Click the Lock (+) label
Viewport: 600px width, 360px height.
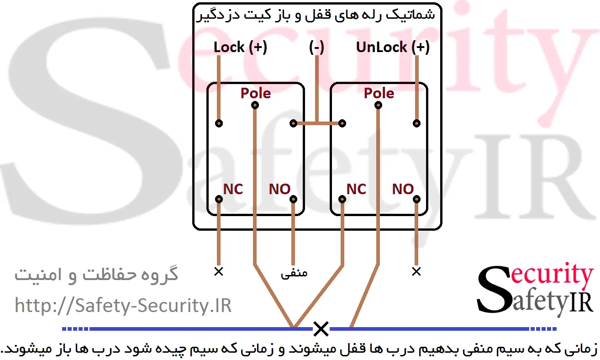240,47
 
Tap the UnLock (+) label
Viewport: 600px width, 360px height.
393,47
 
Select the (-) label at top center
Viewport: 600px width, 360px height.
316,47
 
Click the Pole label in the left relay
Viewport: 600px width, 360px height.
256,93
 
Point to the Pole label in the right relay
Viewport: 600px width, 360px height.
379,93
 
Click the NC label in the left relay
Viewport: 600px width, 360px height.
233,189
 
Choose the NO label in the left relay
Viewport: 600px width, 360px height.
279,189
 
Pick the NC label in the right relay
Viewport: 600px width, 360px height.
356,189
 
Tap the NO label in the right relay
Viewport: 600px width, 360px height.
403,189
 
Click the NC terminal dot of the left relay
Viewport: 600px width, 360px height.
219,199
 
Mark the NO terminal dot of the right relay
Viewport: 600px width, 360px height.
416,199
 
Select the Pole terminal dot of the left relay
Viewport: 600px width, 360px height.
255,106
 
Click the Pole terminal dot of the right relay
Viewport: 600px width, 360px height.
378,106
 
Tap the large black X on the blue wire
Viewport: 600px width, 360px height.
321,328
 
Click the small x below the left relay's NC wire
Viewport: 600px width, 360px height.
219,271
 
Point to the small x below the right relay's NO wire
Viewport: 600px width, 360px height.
416,271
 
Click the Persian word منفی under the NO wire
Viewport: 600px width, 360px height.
294,273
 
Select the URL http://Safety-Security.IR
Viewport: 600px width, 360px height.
123,305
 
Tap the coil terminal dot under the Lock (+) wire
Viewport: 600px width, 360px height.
219,123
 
